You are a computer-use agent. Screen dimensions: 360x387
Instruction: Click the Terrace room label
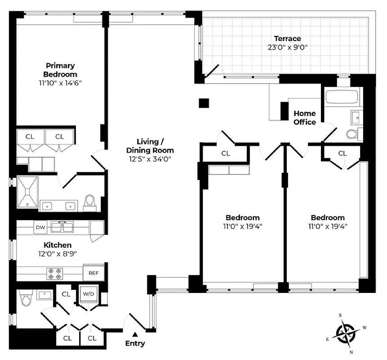point(287,39)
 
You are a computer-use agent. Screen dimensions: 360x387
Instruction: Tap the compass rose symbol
point(347,334)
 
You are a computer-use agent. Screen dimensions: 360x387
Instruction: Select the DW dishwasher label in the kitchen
point(40,228)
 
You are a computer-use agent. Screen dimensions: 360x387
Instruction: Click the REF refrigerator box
point(93,273)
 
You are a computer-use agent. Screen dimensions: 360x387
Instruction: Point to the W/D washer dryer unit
point(89,294)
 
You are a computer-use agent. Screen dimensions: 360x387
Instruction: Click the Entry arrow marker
point(135,334)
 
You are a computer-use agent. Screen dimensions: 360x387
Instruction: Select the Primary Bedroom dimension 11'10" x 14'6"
point(60,83)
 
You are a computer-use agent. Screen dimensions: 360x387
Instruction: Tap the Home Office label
point(304,117)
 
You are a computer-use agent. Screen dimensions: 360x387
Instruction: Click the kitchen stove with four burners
point(57,273)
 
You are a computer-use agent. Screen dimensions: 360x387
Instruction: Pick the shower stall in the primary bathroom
point(27,193)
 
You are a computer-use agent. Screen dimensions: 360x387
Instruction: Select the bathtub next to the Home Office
point(341,97)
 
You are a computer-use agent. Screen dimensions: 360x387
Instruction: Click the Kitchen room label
point(57,245)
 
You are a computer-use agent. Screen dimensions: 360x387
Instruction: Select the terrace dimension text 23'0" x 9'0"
point(287,47)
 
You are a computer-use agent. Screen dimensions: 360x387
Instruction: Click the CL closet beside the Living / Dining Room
point(225,153)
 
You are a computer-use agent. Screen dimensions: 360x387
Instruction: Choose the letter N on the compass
point(351,351)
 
